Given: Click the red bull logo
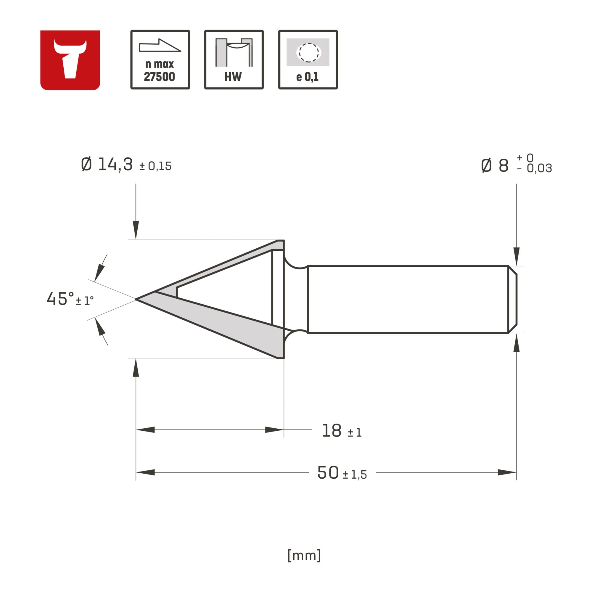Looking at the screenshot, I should tap(70, 60).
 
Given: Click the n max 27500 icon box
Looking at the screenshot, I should tap(160, 60).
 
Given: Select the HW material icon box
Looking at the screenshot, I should tap(234, 60).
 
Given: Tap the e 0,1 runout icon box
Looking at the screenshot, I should tap(308, 60).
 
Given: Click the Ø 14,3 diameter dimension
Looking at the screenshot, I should tap(107, 165).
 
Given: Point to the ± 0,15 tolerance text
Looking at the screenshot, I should tap(155, 166).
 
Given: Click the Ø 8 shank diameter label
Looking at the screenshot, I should tap(495, 166).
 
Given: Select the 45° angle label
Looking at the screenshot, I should tap(60, 299).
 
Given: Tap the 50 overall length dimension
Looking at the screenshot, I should tap(328, 472).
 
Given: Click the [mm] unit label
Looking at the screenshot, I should tap(304, 555).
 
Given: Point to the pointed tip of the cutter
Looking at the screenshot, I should tap(137, 299).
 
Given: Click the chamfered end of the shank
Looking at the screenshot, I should tap(513, 299).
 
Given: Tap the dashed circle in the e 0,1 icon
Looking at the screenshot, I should tap(308, 52).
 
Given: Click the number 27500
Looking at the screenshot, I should tap(159, 77).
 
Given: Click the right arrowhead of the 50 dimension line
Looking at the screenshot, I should tap(507, 472).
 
